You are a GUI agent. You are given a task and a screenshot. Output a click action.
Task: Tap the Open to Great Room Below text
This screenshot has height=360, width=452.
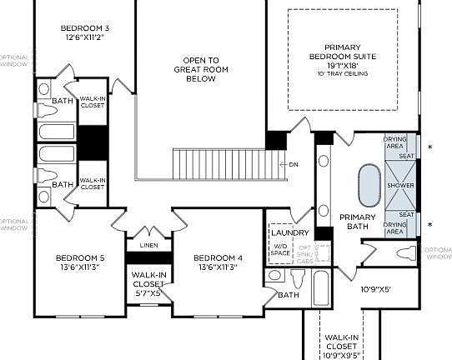click(x=202, y=70)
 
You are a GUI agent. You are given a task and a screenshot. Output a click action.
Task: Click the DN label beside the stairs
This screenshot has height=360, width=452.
click(x=293, y=164)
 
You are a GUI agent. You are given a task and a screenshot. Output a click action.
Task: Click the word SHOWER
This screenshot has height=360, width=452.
click(x=400, y=185)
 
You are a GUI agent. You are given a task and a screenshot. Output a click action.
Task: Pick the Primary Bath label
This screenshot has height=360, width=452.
click(x=359, y=222)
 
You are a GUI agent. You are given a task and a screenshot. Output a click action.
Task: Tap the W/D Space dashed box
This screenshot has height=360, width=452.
click(x=281, y=250)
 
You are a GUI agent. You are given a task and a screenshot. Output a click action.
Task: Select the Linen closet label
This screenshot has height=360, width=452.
click(x=148, y=245)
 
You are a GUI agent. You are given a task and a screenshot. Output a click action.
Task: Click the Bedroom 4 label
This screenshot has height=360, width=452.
click(x=218, y=262)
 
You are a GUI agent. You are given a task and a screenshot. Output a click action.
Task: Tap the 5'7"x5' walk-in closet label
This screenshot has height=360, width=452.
click(x=148, y=283)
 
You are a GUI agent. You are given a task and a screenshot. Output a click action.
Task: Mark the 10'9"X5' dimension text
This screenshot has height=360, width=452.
click(x=376, y=290)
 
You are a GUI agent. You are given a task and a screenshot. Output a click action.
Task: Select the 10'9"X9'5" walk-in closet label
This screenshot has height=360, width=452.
click(x=341, y=343)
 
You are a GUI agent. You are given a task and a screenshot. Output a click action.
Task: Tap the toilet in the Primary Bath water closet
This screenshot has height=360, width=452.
click(x=405, y=253)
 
